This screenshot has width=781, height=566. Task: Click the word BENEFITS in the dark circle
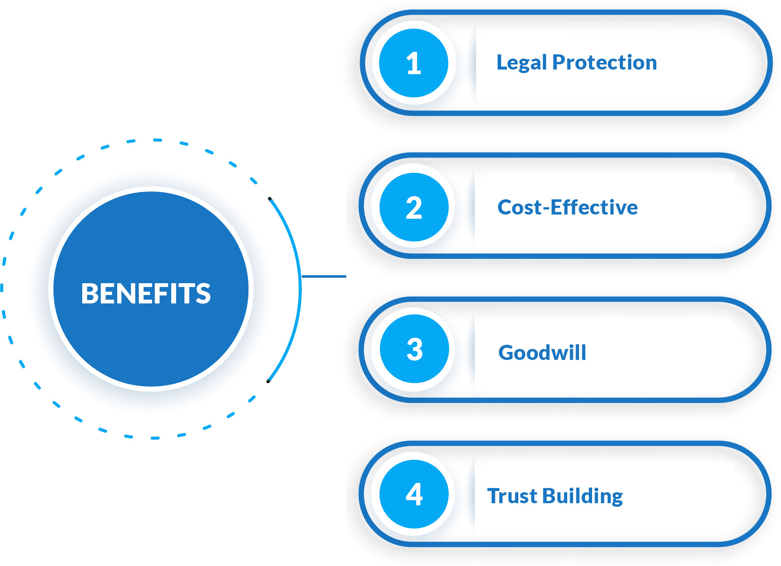click(x=146, y=293)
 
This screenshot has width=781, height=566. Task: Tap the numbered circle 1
click(x=414, y=63)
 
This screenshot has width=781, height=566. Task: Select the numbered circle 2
click(x=414, y=207)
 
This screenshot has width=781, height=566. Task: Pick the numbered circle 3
click(x=414, y=349)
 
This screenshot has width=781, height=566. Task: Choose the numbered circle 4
click(x=414, y=494)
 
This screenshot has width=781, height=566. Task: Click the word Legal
click(x=522, y=63)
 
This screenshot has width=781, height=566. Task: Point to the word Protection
click(x=605, y=62)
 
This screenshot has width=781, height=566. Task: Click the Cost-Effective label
click(x=568, y=207)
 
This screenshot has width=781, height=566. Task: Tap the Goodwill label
click(x=542, y=352)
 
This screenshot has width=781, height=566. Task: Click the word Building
click(x=583, y=496)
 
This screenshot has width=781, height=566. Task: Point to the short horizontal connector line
click(x=324, y=276)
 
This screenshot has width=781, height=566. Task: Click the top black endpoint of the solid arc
click(x=270, y=199)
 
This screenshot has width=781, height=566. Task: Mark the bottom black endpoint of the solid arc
click(x=268, y=381)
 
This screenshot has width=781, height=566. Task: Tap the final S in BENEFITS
click(x=203, y=293)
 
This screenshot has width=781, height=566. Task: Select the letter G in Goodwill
click(x=508, y=352)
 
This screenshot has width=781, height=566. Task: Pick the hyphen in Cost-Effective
click(x=546, y=208)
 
